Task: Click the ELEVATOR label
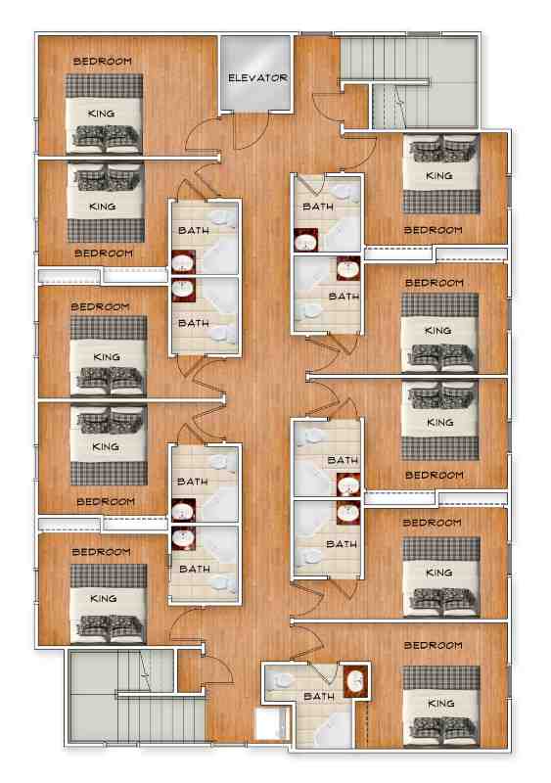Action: pos(257,78)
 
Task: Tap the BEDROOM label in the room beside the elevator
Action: pos(103,62)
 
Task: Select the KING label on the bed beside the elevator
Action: pos(101,114)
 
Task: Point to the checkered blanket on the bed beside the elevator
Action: pos(105,86)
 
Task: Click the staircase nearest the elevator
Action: pos(410,81)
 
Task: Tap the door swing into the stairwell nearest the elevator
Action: pos(327,108)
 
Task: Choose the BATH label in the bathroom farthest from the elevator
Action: pos(319,696)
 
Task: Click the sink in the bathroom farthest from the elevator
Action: pos(356,679)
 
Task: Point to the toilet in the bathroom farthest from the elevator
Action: pos(280,679)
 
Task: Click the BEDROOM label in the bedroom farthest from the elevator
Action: pos(433,645)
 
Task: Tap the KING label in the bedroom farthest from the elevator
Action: pos(441,703)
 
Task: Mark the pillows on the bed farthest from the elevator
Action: pos(441,730)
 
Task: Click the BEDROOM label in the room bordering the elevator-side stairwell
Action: pos(433,230)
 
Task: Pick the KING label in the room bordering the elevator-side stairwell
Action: pos(439,176)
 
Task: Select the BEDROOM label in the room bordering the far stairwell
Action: pos(101,552)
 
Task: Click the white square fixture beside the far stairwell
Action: pos(272,723)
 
